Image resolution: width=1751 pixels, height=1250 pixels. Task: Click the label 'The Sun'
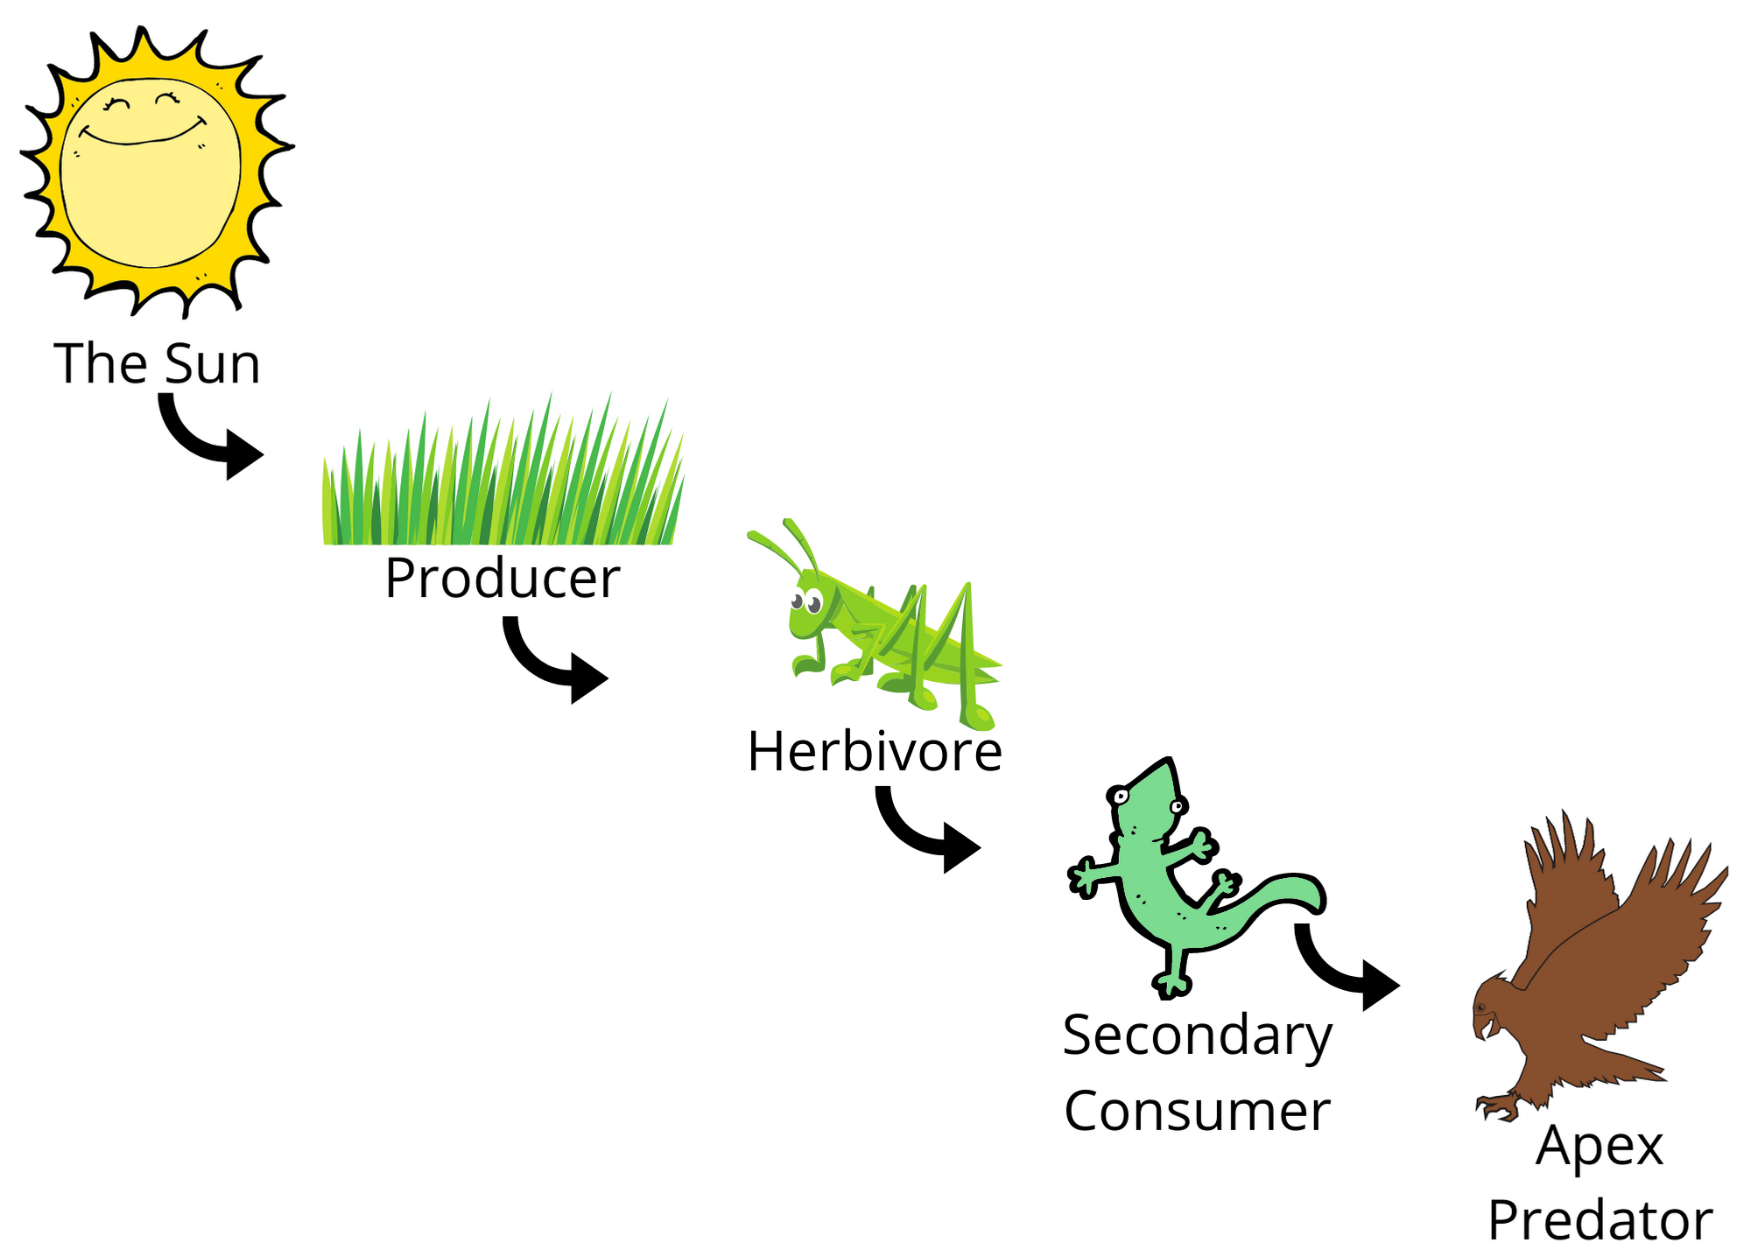pyautogui.click(x=158, y=363)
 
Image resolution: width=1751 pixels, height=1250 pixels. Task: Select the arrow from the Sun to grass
pyautogui.click(x=206, y=442)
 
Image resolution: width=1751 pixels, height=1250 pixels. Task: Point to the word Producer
pyautogui.click(x=502, y=578)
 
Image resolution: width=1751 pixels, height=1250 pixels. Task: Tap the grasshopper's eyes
pyautogui.click(x=805, y=602)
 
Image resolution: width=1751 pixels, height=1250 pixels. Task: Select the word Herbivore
pyautogui.click(x=874, y=751)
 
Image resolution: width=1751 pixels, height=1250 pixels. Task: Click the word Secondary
pyautogui.click(x=1197, y=1036)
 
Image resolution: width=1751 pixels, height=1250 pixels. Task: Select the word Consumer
pyautogui.click(x=1197, y=1112)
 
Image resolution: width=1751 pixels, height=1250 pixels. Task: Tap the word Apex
pyautogui.click(x=1599, y=1147)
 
